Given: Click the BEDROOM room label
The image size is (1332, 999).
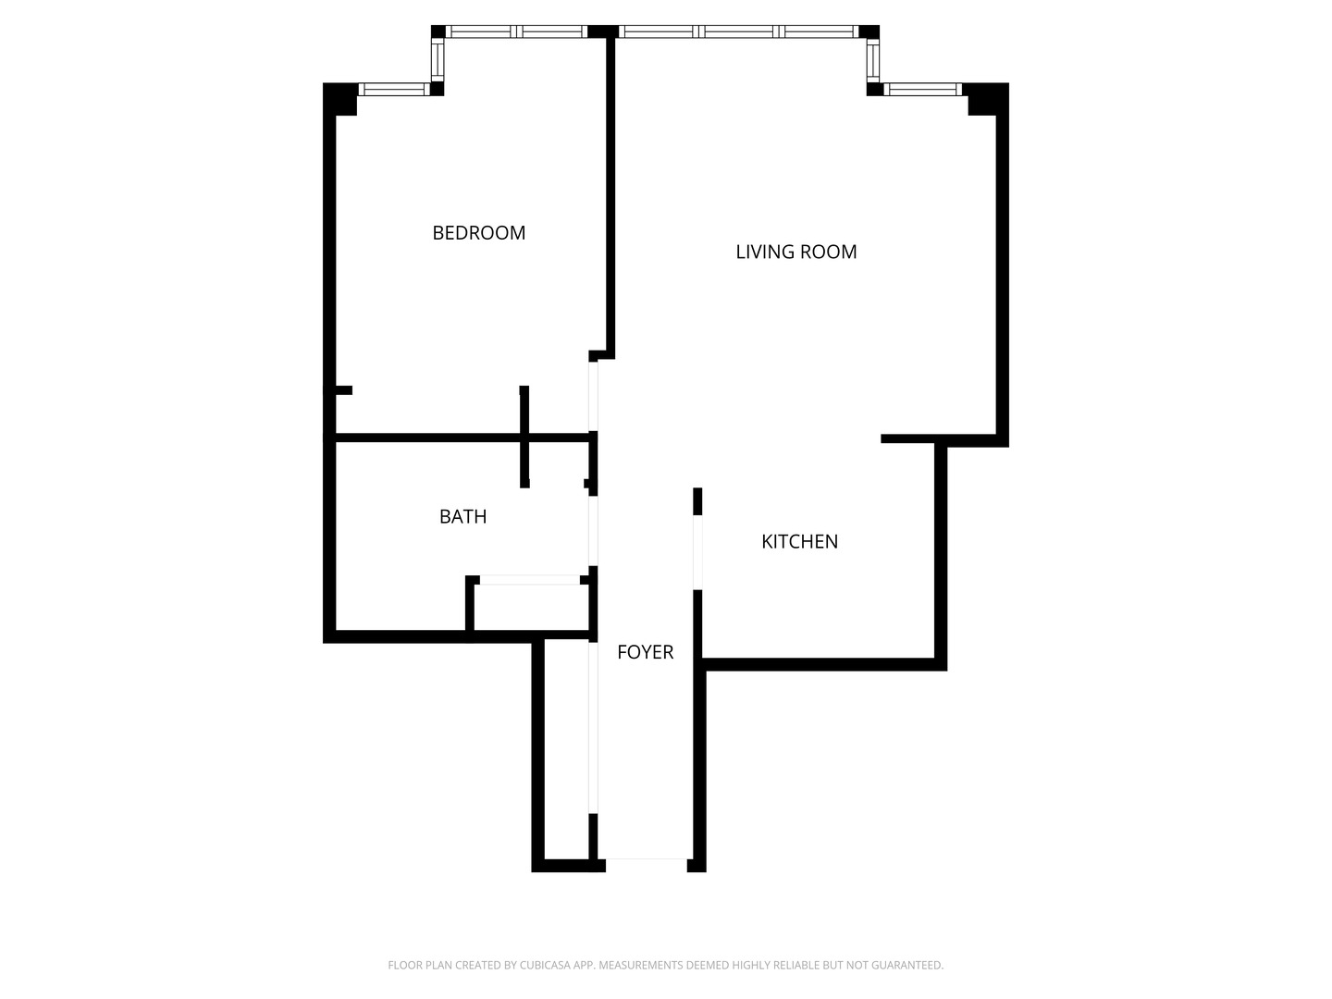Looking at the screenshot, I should [x=478, y=233].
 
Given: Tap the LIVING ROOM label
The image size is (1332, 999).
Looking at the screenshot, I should [x=795, y=252].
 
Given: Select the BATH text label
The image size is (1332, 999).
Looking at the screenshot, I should [x=462, y=516].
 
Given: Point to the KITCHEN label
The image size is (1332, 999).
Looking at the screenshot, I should [x=799, y=541].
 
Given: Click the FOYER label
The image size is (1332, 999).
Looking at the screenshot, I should [x=645, y=652].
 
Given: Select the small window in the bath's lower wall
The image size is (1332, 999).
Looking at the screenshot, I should [x=529, y=580].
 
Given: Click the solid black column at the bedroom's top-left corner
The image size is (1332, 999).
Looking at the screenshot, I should [x=340, y=98].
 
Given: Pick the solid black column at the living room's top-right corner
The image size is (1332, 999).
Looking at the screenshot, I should [x=986, y=99].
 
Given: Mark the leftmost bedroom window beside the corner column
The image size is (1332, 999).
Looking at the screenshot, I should [x=393, y=90].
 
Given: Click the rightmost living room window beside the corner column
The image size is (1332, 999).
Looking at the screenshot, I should [x=922, y=90].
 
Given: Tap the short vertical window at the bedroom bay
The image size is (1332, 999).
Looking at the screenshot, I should [x=438, y=60].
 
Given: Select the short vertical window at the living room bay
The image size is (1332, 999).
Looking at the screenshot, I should [x=873, y=60].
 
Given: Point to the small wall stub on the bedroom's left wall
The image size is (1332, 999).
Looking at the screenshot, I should [x=342, y=390].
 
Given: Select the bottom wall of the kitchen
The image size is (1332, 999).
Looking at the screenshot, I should [x=823, y=664].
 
